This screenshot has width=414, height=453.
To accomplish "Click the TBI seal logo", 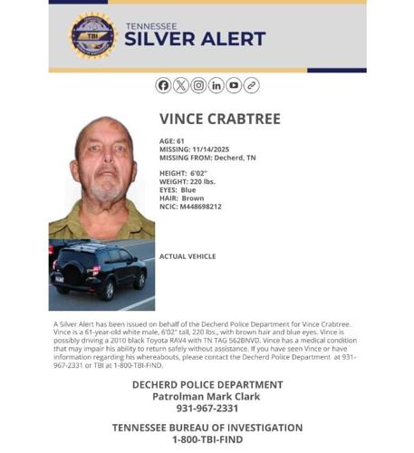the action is click(93, 35).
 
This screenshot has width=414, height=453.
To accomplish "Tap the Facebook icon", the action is click(163, 85).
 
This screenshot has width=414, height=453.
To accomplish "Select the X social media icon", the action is click(180, 85).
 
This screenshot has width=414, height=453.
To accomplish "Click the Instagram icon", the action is click(198, 85).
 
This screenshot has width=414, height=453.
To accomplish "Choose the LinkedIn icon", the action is click(216, 85).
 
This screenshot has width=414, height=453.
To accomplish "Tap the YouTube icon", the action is click(234, 85).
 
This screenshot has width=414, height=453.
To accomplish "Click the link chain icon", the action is click(251, 85).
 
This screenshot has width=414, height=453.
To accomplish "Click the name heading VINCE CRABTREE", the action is click(220, 120).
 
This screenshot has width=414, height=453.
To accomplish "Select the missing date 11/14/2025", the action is click(211, 149).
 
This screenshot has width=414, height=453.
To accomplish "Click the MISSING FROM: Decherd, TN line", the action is click(207, 158).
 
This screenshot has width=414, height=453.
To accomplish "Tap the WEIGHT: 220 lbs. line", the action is click(187, 181).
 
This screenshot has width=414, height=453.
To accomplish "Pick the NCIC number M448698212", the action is click(200, 206).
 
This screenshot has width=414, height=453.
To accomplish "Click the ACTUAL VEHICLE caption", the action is click(188, 256).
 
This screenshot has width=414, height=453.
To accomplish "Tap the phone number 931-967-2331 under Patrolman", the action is click(207, 409).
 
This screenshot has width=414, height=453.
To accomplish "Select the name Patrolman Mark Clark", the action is click(207, 396).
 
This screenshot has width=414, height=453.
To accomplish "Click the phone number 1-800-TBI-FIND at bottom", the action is click(207, 439).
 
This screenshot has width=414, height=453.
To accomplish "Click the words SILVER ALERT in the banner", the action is click(195, 40).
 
